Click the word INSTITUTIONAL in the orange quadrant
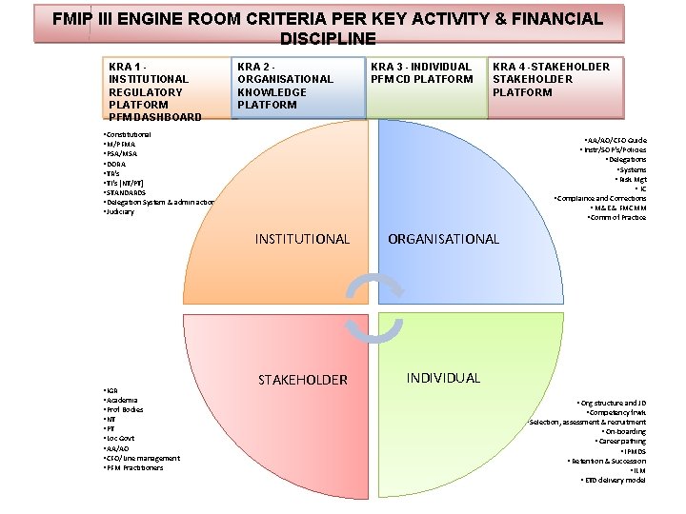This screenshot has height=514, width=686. [x=302, y=239]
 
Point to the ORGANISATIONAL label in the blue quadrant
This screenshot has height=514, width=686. [x=443, y=239]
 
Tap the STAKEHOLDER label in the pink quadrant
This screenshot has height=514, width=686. [x=303, y=380]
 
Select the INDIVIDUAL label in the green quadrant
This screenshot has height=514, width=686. [x=443, y=378]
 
